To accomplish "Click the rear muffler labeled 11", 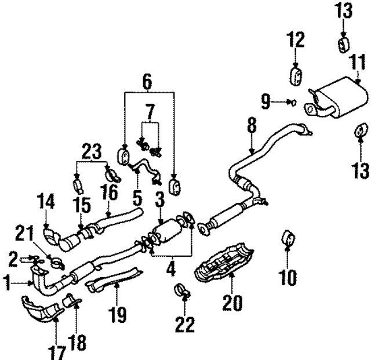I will point(336,96).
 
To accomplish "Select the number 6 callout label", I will point(147,83).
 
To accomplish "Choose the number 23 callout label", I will point(92,152).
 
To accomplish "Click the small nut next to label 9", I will point(292,103).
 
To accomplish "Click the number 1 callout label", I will point(8,284).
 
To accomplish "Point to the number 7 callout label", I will point(150,110).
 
